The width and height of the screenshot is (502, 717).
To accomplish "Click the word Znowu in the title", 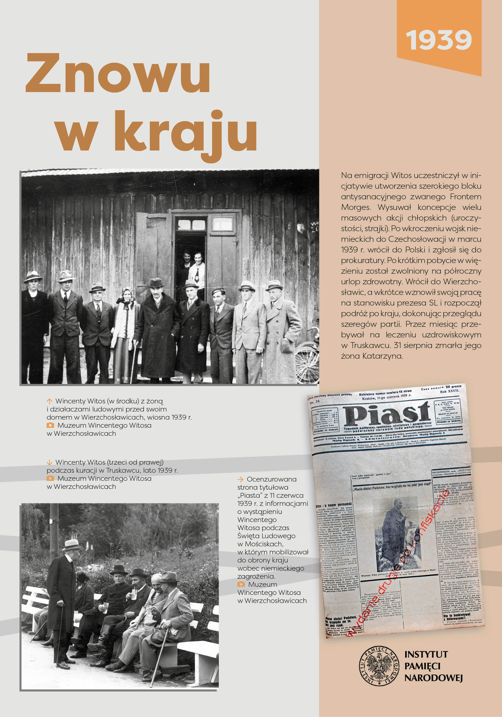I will pos(118,73).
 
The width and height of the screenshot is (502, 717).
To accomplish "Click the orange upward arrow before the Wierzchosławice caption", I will pos(49,401).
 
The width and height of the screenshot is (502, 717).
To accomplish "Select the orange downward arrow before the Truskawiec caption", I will pos(49,462).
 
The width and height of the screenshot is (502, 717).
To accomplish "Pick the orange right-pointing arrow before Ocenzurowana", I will pos(240,479).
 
